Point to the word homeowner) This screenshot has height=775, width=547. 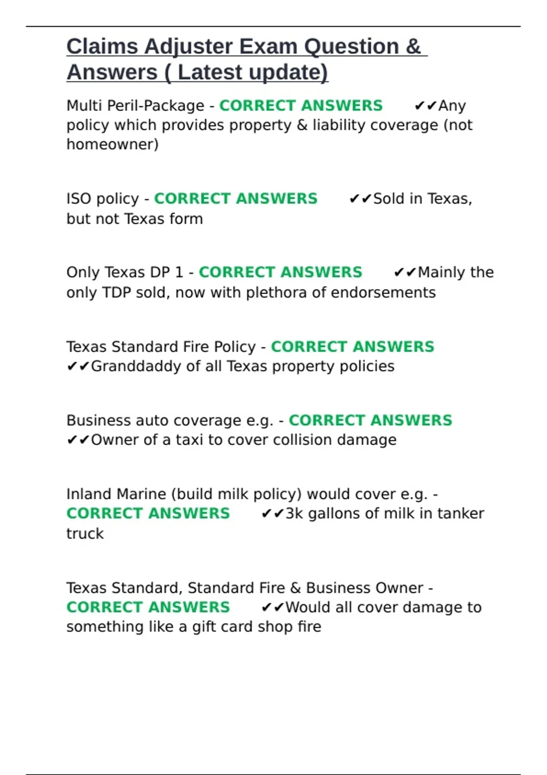113,145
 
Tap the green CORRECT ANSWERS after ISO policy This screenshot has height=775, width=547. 236,199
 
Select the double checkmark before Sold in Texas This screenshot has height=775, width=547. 361,199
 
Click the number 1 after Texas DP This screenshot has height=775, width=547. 179,272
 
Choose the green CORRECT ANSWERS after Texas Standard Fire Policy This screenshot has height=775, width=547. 352,346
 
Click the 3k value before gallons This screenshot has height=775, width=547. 294,514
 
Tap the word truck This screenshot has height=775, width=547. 85,533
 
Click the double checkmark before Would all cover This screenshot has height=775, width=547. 273,608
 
